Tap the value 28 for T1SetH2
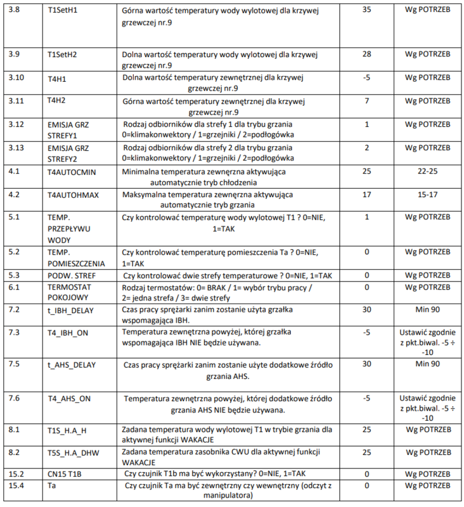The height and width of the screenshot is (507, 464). pos(366,54)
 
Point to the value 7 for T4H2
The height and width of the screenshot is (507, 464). pos(366,101)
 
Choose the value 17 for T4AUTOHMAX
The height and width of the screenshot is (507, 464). pos(366,195)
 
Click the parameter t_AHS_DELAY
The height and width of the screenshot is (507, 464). pos(71,366)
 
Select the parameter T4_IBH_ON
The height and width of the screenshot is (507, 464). pos(68,332)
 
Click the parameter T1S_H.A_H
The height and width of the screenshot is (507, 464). pos(67,430)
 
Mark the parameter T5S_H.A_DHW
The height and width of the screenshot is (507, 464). pos(72,454)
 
